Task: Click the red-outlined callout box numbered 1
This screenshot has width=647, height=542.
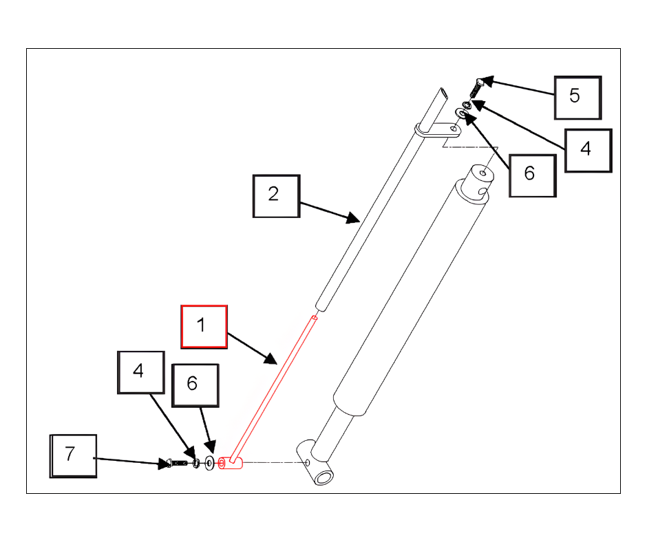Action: click(x=204, y=327)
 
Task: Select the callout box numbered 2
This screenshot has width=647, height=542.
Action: click(x=276, y=196)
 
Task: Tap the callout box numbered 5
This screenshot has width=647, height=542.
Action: click(x=577, y=98)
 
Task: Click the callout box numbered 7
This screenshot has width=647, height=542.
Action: click(x=73, y=456)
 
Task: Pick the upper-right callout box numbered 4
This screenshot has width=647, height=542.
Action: click(x=588, y=151)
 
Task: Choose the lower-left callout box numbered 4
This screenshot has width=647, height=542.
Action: click(x=141, y=373)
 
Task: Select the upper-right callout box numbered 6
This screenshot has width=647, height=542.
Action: click(x=533, y=175)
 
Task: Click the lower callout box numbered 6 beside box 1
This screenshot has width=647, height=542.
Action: click(x=195, y=385)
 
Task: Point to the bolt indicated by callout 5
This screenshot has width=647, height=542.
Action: click(x=476, y=88)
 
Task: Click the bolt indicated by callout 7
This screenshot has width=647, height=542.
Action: click(x=176, y=463)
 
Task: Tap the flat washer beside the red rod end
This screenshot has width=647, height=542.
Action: click(x=210, y=463)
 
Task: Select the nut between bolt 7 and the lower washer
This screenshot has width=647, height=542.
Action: click(x=196, y=463)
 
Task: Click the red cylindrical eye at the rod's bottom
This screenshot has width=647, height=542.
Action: click(x=230, y=463)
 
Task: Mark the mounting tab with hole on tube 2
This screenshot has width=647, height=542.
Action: click(x=438, y=131)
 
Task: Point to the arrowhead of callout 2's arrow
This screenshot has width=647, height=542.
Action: click(x=353, y=218)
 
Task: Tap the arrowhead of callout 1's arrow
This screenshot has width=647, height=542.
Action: click(x=271, y=358)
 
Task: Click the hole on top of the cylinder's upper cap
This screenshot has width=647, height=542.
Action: click(x=482, y=173)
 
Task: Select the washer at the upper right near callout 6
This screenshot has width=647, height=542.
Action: click(x=460, y=112)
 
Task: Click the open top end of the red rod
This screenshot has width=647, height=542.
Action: click(x=315, y=317)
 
